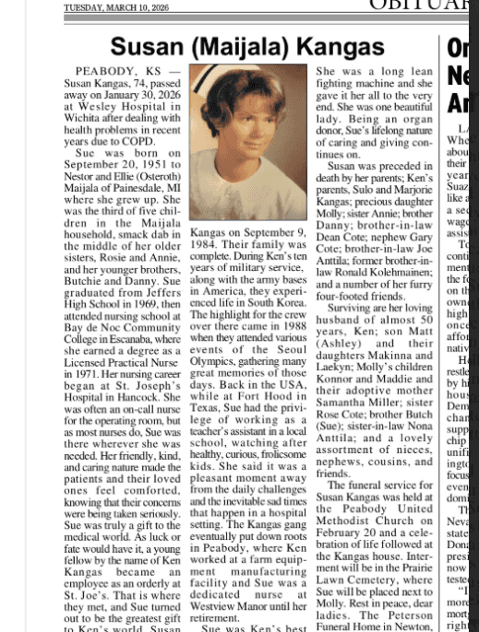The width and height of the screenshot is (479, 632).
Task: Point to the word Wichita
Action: point(86,119)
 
